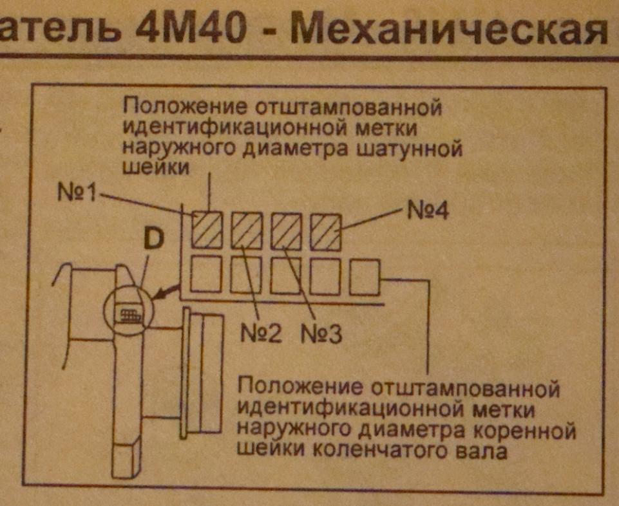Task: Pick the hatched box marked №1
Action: [207, 229]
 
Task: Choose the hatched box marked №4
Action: [325, 231]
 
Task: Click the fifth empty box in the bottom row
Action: [365, 277]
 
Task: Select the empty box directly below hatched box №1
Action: [207, 274]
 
